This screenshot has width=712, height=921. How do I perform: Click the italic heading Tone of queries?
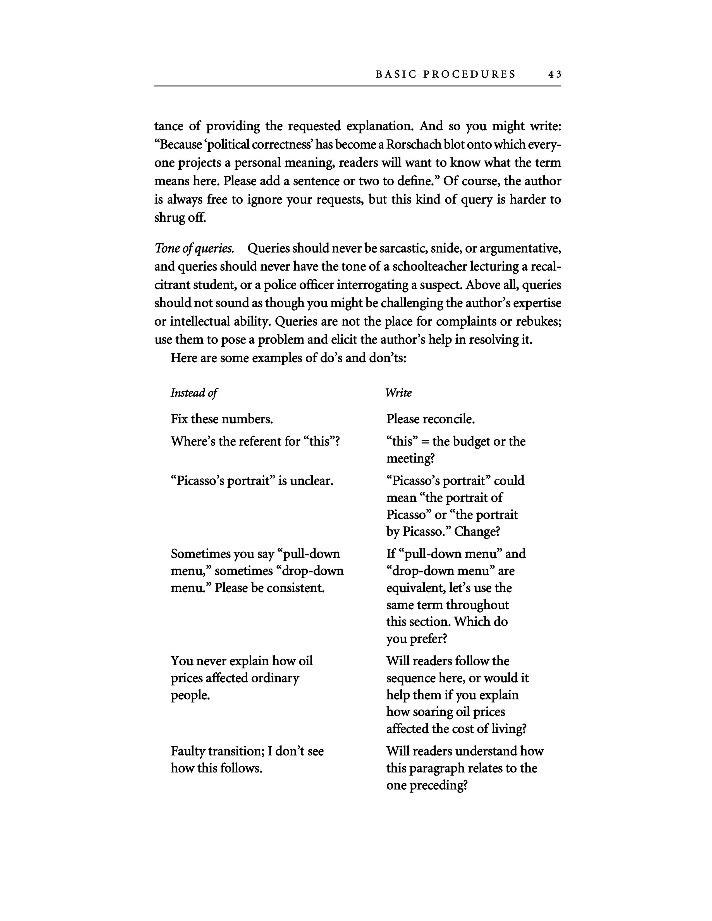[x=194, y=248]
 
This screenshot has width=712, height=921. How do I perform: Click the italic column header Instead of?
[x=193, y=393]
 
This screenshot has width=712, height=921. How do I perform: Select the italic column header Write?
[x=398, y=393]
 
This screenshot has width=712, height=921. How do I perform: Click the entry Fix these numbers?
[x=222, y=419]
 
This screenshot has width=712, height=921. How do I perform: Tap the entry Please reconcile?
[x=430, y=419]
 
